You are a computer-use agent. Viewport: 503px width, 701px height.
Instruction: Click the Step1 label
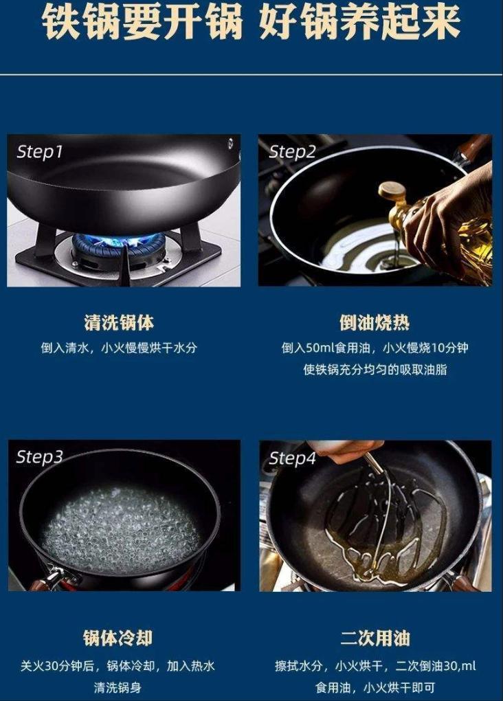click(x=39, y=152)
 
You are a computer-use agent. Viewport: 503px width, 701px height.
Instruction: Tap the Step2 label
click(x=292, y=152)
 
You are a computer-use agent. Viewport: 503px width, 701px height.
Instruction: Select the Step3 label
click(x=39, y=457)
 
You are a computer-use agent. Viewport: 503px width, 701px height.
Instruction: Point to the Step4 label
click(x=293, y=458)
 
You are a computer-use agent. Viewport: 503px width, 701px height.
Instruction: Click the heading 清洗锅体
click(x=119, y=322)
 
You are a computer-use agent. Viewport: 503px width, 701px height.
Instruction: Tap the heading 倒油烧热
click(x=375, y=322)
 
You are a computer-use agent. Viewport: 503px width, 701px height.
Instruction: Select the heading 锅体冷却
click(x=118, y=638)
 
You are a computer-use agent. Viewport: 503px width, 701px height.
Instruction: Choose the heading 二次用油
click(x=375, y=638)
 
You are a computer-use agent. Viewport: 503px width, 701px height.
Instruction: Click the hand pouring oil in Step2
click(x=451, y=219)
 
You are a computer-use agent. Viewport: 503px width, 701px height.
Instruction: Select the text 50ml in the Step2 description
click(x=320, y=348)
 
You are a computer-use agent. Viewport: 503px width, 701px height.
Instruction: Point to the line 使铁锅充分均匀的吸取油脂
click(x=375, y=370)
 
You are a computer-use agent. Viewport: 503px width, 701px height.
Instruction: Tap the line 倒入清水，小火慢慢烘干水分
click(x=119, y=348)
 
